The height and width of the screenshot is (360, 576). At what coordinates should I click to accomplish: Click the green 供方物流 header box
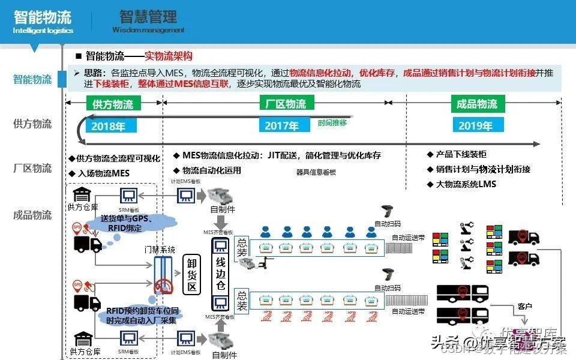(x=113, y=104)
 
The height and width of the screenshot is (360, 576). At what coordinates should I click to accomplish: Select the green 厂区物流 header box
(x=286, y=104)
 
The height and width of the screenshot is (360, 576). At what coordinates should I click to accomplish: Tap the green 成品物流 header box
(x=477, y=104)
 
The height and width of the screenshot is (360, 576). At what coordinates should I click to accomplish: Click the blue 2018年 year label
(x=108, y=126)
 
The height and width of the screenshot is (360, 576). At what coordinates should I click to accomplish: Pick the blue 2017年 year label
(x=281, y=126)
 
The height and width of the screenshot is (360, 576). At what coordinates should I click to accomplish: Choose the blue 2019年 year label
(x=475, y=126)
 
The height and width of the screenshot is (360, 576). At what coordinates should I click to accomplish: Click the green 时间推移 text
(x=332, y=123)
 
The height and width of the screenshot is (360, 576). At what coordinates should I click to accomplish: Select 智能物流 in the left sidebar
(x=32, y=79)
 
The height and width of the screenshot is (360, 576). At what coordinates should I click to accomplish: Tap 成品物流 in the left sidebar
(x=32, y=215)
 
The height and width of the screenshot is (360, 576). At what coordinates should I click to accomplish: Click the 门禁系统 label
(x=160, y=249)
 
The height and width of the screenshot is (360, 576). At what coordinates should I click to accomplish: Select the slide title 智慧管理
(x=148, y=16)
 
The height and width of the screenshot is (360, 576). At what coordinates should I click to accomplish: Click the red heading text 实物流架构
(x=169, y=56)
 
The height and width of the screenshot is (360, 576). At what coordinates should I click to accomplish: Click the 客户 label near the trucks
(x=524, y=306)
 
